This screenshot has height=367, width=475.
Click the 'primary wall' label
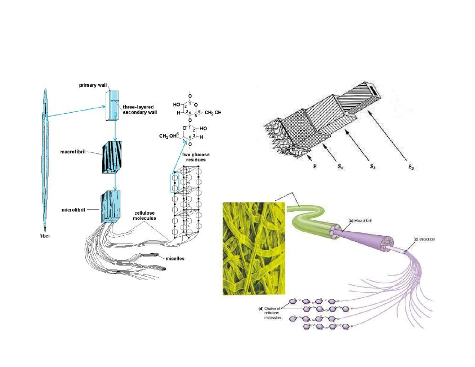[93, 85]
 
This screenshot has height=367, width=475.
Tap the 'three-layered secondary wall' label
[140, 110]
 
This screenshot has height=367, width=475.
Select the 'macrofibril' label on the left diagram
[73, 152]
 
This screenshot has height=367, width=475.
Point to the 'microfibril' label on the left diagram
[73, 210]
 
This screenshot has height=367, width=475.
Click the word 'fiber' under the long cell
[45, 236]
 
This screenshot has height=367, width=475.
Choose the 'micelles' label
[175, 259]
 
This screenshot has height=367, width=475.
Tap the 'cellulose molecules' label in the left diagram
[144, 215]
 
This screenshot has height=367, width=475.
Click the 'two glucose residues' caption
[196, 157]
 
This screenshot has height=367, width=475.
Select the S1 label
[340, 167]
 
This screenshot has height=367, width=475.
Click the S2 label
[373, 167]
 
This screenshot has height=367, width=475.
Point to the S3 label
[411, 167]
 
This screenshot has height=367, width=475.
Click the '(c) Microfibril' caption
[424, 239]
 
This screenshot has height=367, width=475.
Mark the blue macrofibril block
[112, 157]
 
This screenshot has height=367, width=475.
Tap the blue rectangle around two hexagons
[174, 183]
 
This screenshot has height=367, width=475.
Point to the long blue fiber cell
[45, 159]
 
